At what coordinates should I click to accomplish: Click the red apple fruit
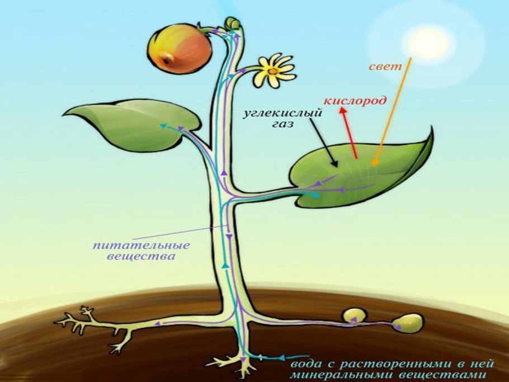click(180, 49)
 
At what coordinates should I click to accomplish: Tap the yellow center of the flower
click(272, 71)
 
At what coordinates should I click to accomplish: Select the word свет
click(386, 67)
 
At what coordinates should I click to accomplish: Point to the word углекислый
click(284, 114)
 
